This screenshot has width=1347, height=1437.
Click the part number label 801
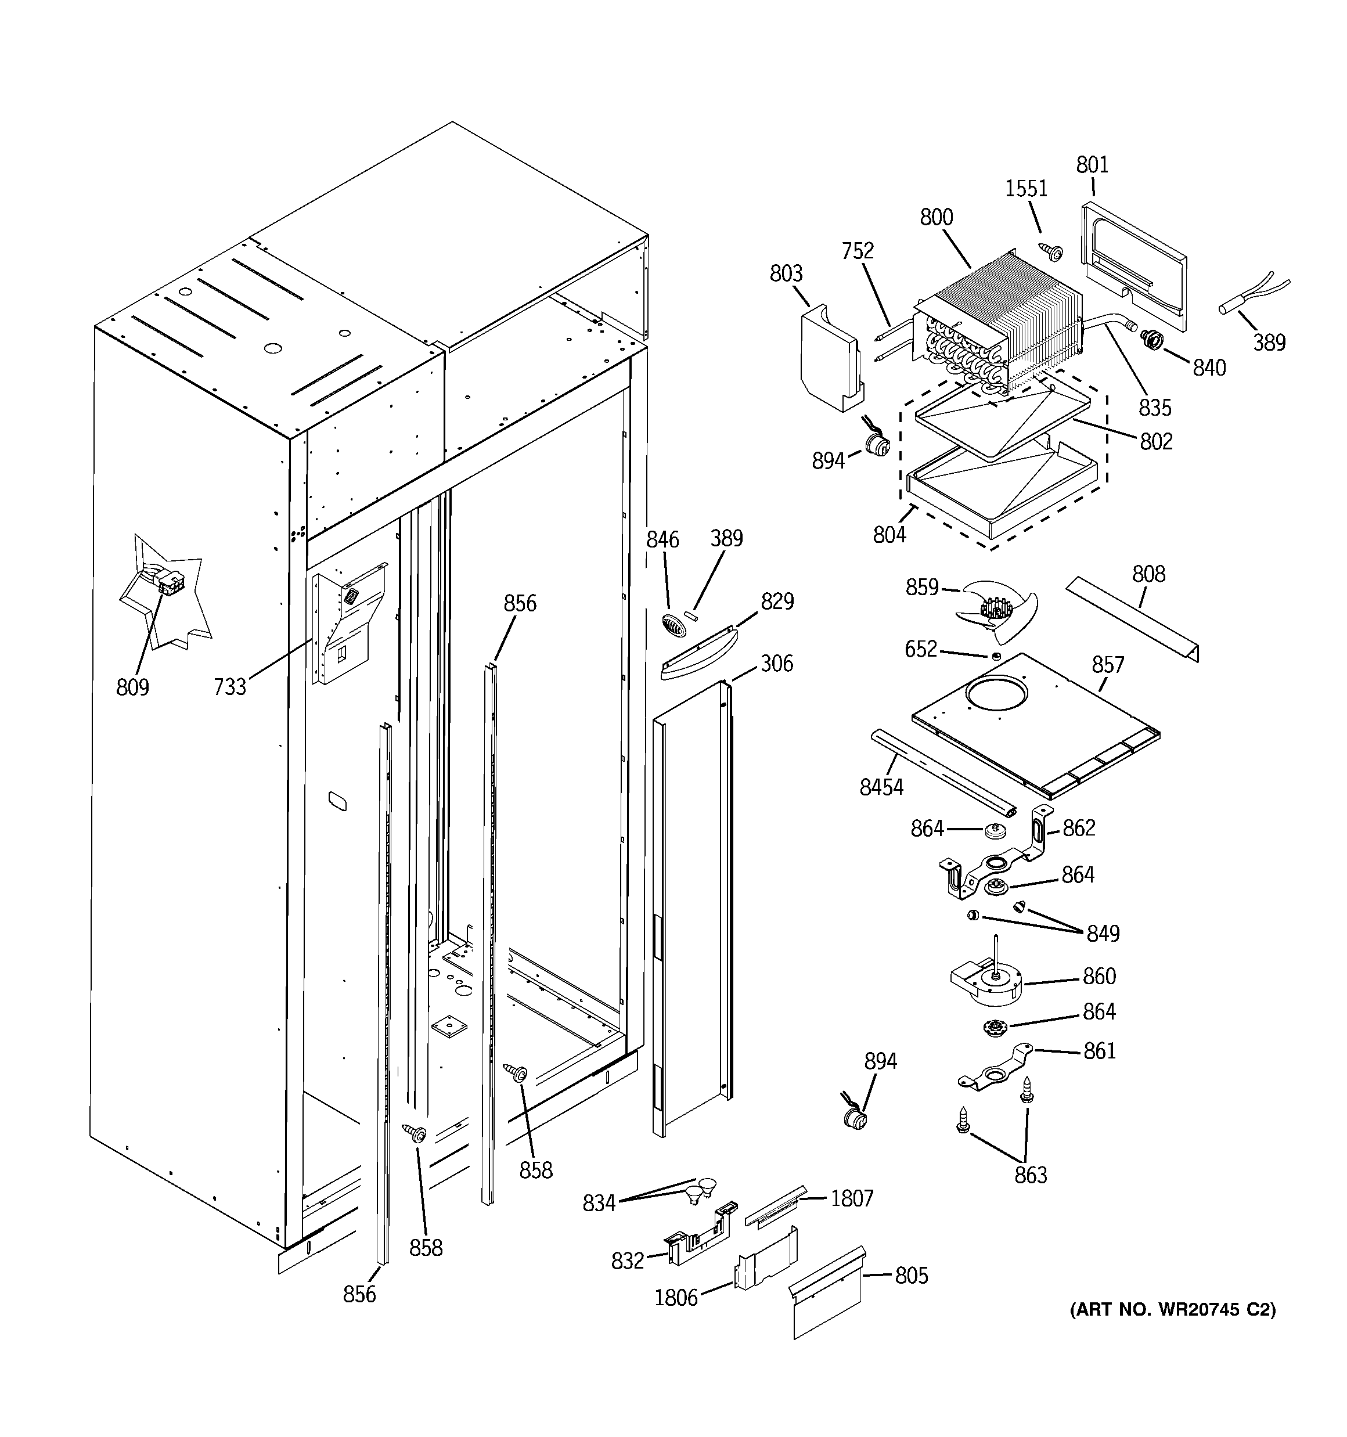(x=1092, y=165)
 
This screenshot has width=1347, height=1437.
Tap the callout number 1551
(x=1026, y=189)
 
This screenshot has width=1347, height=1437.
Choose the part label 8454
(x=881, y=787)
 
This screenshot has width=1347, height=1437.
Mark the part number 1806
(x=675, y=1298)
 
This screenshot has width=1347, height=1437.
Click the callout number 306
(x=776, y=664)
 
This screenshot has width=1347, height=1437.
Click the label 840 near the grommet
(x=1209, y=368)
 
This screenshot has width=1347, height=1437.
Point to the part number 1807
(x=852, y=1198)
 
